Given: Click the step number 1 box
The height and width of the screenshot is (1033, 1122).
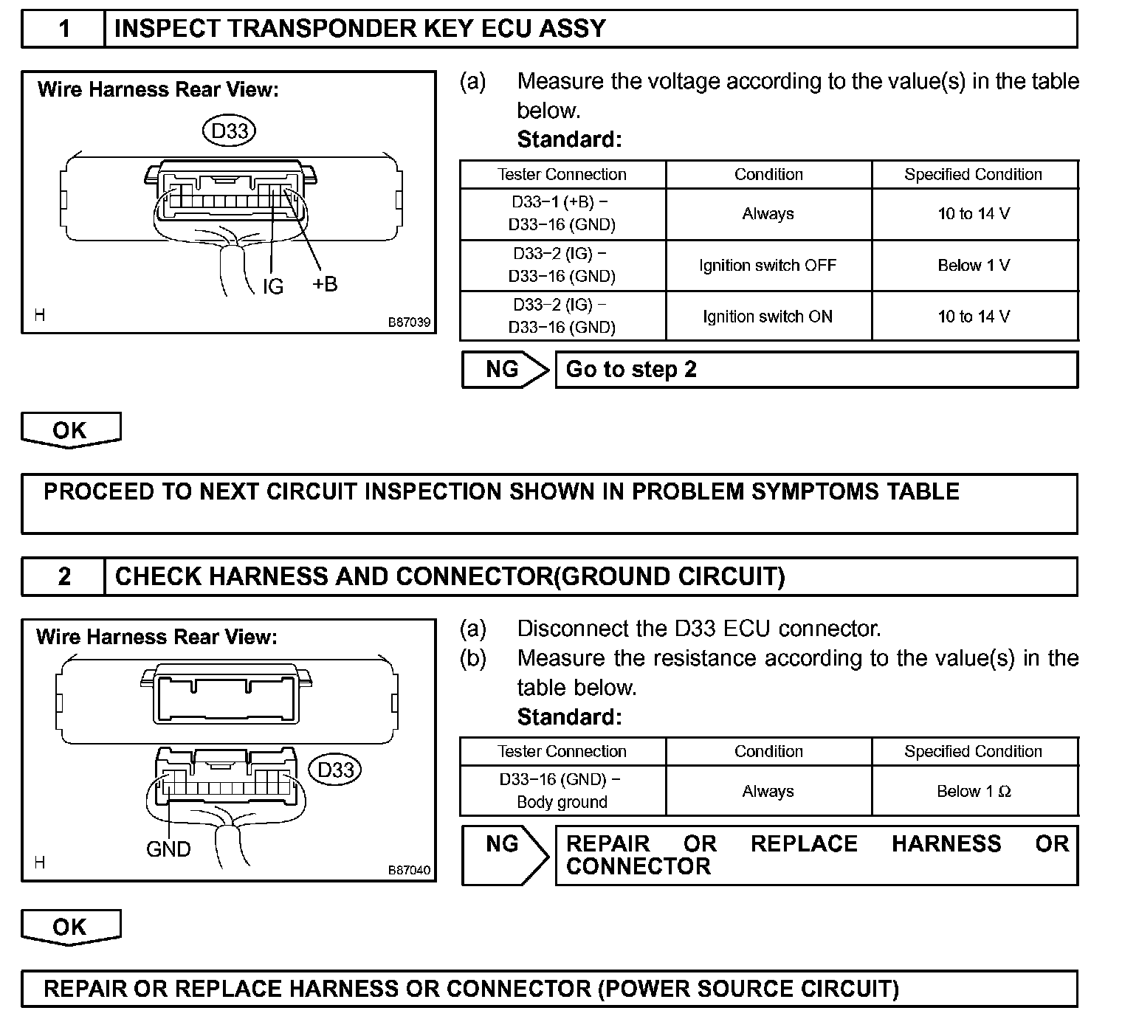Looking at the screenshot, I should [x=64, y=29].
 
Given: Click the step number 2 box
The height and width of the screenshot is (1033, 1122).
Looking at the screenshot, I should [x=64, y=576].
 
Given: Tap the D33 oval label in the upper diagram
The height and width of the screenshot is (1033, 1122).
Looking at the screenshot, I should [x=229, y=131].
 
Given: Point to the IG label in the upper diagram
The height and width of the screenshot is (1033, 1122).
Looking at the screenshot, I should [x=273, y=286].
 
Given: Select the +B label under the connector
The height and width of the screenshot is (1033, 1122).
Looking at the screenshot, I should [x=325, y=283].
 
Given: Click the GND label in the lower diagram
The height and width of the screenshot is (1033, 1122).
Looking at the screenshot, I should [x=168, y=849].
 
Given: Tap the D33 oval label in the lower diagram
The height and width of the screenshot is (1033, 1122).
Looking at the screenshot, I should [x=336, y=770].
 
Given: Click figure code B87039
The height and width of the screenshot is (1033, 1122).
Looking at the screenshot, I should [x=409, y=323].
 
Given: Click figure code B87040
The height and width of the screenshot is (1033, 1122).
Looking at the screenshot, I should [x=409, y=870].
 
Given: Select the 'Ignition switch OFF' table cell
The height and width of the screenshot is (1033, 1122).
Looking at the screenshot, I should [x=768, y=266].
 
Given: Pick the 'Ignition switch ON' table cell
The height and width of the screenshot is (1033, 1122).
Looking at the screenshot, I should [x=768, y=317].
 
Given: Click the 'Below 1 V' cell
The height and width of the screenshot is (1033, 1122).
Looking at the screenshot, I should [x=974, y=266].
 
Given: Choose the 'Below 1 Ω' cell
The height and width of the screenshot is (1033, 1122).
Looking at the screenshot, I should [x=974, y=791].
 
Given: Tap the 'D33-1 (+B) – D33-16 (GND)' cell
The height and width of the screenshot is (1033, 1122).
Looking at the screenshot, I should [x=562, y=213].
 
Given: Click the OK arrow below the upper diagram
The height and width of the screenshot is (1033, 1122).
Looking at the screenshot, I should [x=70, y=429].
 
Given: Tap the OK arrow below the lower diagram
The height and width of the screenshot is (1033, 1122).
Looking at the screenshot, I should [x=70, y=927].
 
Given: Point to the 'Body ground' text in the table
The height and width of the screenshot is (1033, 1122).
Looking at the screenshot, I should [x=562, y=802].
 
